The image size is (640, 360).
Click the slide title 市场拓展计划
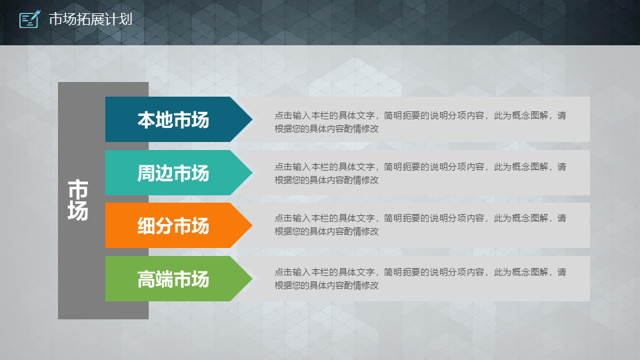point(91,19)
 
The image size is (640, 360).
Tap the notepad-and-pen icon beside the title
point(30,19)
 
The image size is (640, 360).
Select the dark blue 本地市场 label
point(173,120)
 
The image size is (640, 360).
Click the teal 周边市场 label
point(173,173)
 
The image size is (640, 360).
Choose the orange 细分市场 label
point(173,226)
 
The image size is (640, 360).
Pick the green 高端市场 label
point(173,279)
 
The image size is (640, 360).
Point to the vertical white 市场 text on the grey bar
point(77,200)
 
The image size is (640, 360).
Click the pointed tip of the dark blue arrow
point(252,119)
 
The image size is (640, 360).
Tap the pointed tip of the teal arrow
point(252,173)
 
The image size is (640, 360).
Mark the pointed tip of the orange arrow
point(252,225)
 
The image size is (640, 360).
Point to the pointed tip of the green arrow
point(252,279)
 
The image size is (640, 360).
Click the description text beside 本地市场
point(421,122)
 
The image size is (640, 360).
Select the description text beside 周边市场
point(421,173)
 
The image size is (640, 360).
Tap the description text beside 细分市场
point(421,225)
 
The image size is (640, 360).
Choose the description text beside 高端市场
point(421,279)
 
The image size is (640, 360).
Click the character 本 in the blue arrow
point(146,120)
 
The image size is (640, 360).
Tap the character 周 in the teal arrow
point(146,173)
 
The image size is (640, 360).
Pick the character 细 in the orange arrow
point(146,226)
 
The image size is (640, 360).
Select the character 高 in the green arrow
point(146,279)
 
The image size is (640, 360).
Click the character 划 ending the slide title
point(126,19)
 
